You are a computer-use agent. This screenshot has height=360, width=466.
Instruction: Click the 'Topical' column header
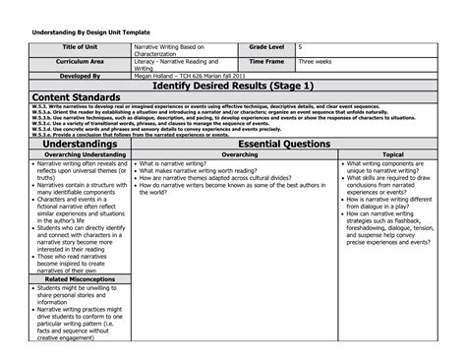click(x=392, y=154)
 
